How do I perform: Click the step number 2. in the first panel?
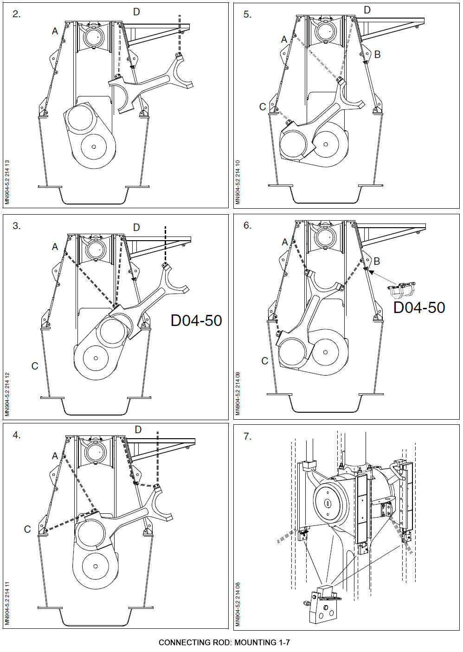tap(16, 14)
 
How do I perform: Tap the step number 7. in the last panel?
tap(248, 436)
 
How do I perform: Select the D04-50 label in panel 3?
tap(196, 320)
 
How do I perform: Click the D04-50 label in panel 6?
tap(419, 307)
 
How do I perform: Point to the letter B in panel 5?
tap(377, 55)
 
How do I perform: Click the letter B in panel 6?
tap(377, 262)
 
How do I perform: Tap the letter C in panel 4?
tap(27, 529)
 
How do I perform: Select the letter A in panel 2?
tap(55, 31)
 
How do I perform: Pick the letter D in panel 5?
tap(367, 10)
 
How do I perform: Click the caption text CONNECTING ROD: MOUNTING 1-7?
tap(224, 642)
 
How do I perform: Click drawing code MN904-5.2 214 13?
tap(7, 182)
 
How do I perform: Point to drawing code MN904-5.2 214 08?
tap(238, 604)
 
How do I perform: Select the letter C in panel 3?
tap(35, 366)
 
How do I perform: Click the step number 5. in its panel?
tap(247, 14)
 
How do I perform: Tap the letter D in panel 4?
tap(138, 430)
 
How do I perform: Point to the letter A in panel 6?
tap(285, 242)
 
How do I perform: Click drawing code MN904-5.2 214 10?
tap(238, 182)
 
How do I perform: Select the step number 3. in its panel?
tap(16, 226)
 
